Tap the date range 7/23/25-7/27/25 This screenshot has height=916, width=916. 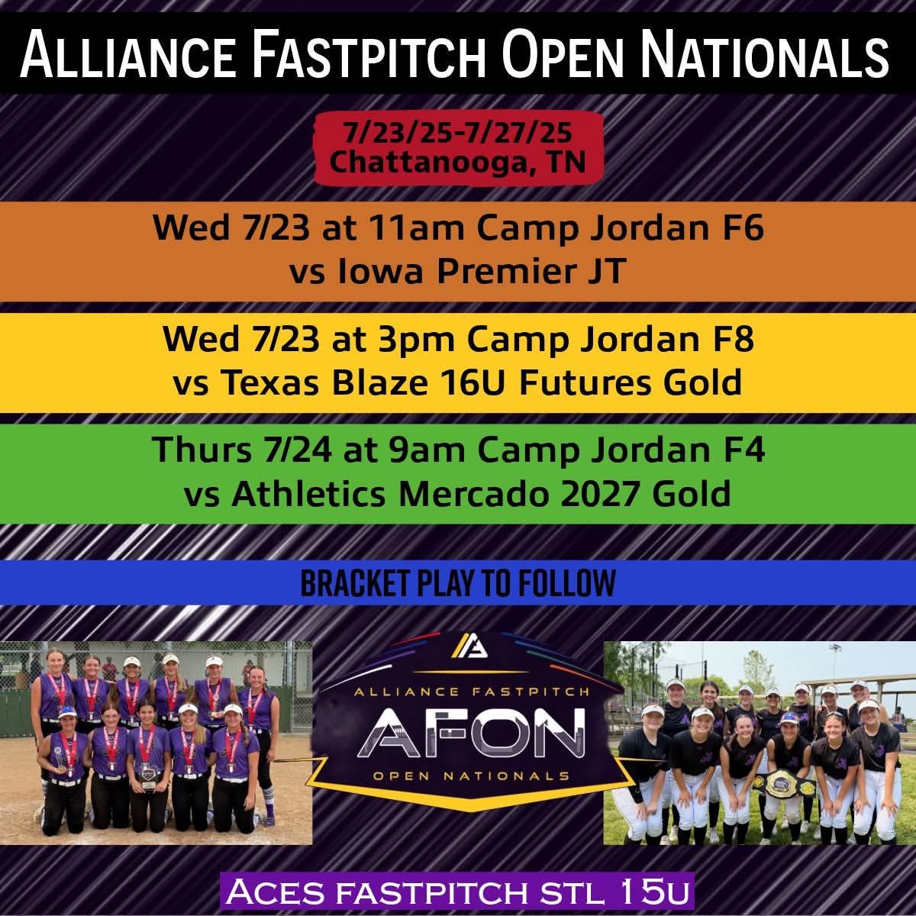457,133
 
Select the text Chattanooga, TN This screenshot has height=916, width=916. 457,161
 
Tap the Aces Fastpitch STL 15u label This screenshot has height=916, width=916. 457,890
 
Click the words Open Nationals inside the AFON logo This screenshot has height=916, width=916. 472,776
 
